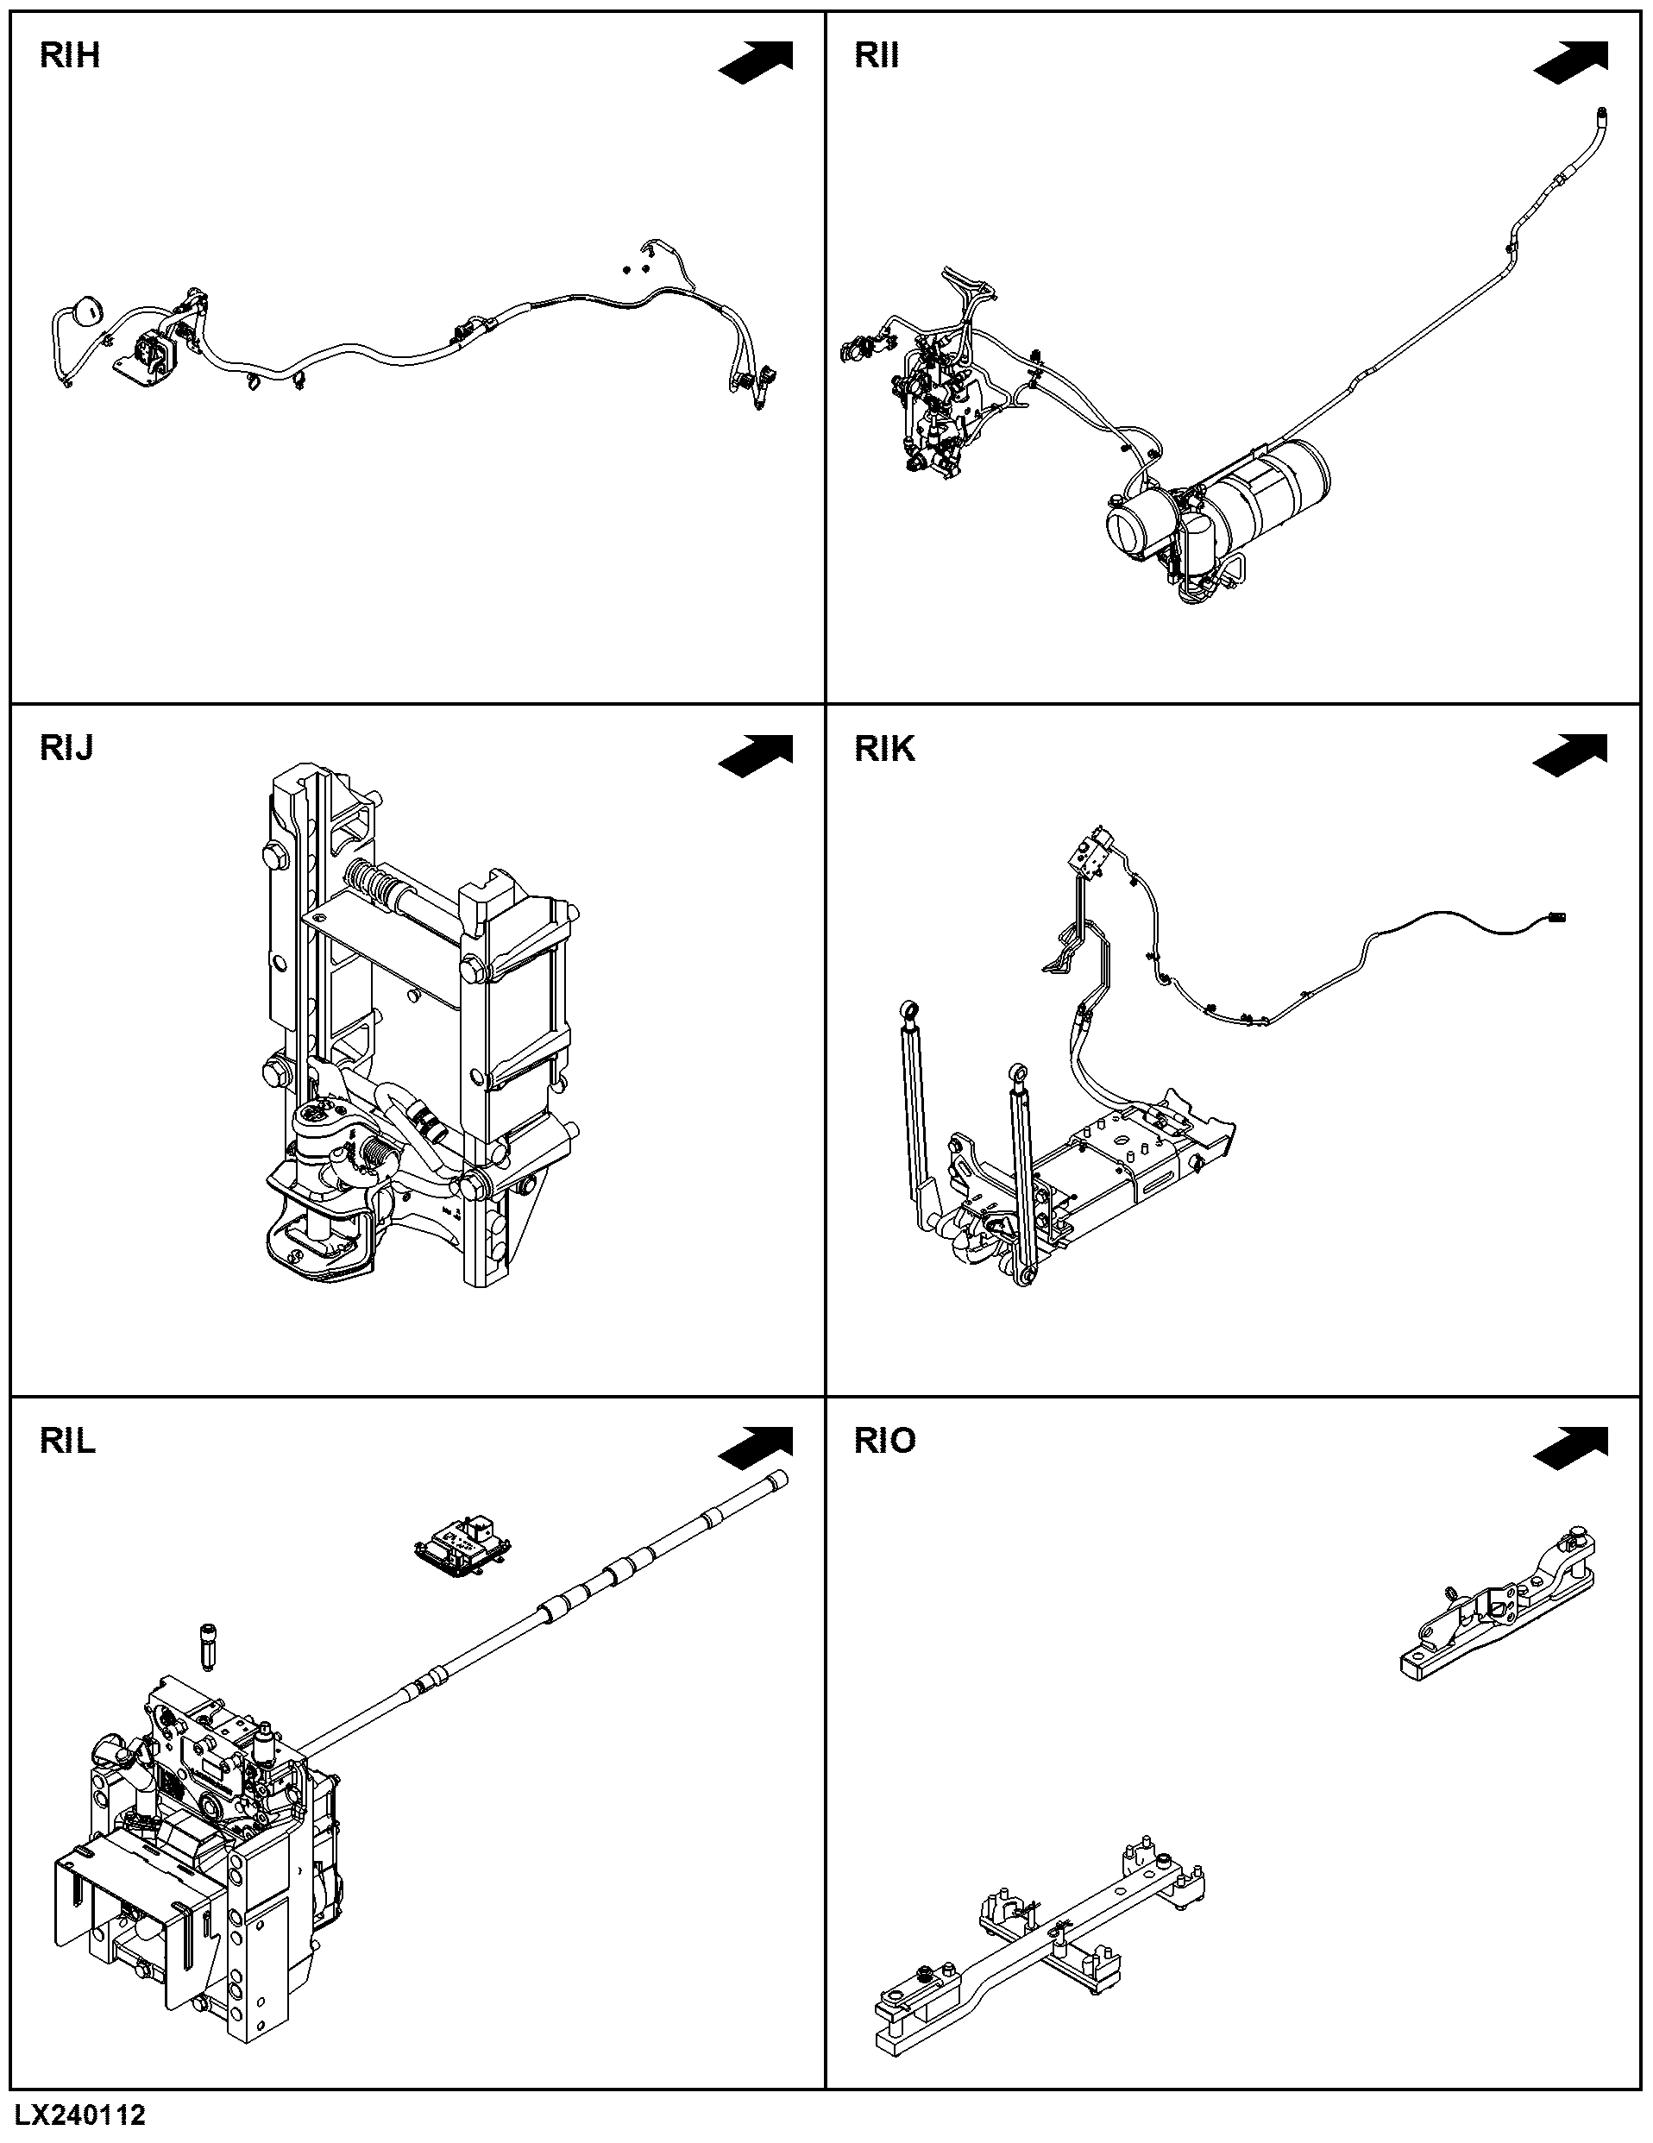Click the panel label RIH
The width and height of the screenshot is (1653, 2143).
[70, 56]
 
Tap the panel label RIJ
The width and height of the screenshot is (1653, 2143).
[66, 749]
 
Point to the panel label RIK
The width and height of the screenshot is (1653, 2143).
[885, 749]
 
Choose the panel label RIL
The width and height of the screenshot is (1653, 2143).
[67, 1441]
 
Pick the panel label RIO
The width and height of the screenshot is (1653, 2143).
[885, 1441]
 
